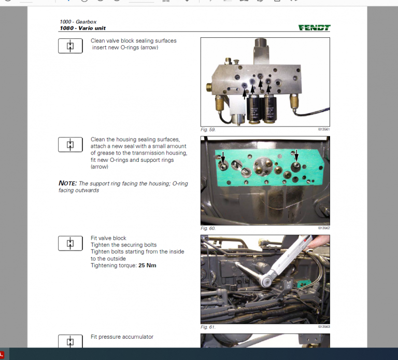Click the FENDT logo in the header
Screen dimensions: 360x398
(314, 28)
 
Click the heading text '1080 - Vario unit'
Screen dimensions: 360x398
(83, 28)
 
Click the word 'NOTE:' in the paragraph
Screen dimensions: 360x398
(67, 184)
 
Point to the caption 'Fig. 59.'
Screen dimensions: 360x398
(208, 129)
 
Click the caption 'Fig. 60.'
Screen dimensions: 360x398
(208, 228)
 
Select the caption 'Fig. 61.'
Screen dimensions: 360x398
(208, 327)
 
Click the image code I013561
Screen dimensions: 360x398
(323, 129)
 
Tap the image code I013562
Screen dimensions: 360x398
(323, 228)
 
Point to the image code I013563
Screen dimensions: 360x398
(323, 327)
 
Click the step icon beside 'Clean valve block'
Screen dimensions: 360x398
(70, 46)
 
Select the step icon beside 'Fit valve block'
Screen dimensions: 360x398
(70, 243)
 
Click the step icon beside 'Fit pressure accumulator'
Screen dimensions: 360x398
(70, 341)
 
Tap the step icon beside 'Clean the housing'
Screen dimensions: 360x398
(70, 145)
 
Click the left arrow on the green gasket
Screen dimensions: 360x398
(223, 157)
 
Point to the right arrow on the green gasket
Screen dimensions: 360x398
(296, 157)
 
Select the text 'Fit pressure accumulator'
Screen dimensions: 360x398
(122, 337)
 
